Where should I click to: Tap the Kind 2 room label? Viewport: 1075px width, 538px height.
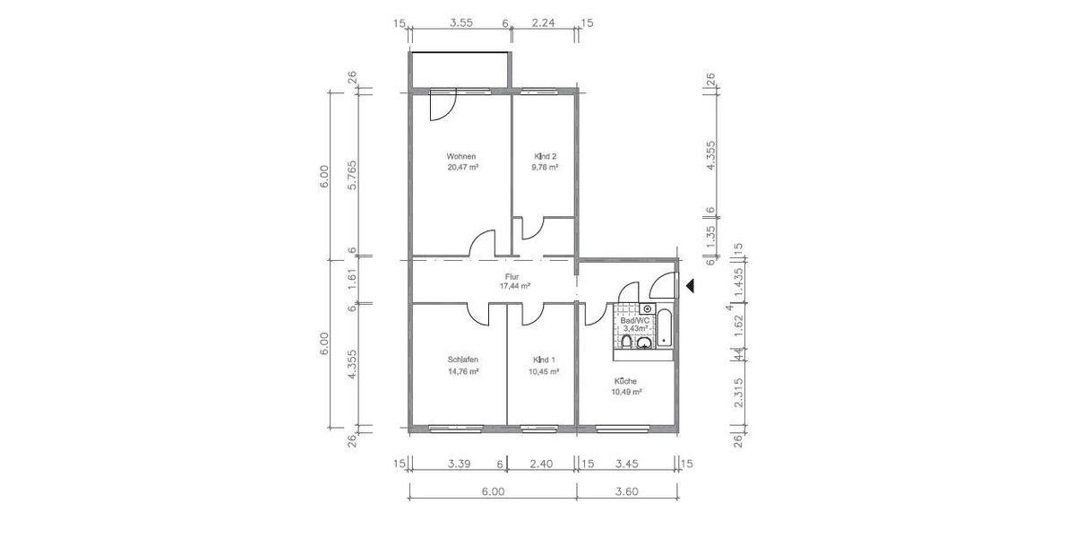point(545,156)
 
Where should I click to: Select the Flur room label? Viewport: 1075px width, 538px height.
point(513,276)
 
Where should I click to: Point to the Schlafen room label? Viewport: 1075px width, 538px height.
point(463,360)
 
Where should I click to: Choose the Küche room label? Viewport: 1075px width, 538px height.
point(626,381)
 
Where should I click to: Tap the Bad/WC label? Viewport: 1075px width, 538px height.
point(634,320)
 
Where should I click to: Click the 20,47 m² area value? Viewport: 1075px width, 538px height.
point(463,167)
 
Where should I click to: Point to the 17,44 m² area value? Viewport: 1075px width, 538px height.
point(514,286)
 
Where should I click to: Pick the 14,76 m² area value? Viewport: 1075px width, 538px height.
point(463,371)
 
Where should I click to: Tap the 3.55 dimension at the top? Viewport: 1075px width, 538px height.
point(460,23)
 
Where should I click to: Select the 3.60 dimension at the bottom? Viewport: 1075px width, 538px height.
point(626,491)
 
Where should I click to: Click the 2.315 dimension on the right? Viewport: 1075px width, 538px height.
point(739,393)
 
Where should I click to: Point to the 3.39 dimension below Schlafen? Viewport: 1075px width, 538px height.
point(459,464)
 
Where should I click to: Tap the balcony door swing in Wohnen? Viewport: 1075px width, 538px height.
point(443,108)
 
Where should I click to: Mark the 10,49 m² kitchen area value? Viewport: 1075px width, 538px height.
point(627,392)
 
